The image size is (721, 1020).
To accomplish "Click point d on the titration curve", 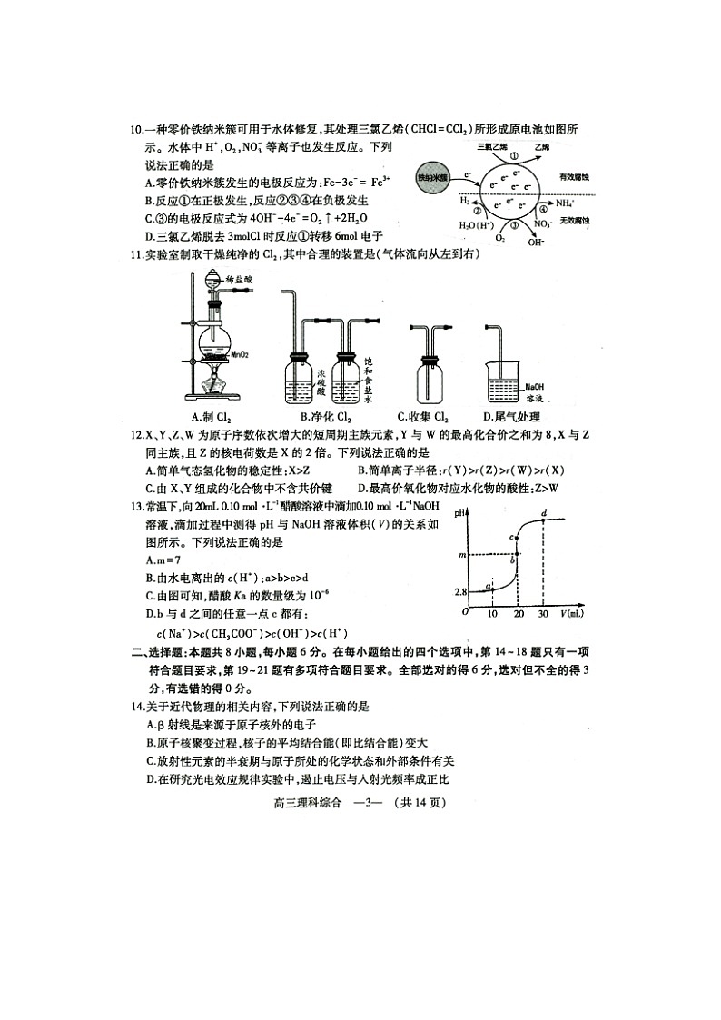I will tap(543, 515).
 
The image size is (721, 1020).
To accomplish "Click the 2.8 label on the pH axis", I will tap(460, 592).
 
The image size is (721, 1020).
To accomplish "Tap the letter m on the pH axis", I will tap(463, 554).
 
